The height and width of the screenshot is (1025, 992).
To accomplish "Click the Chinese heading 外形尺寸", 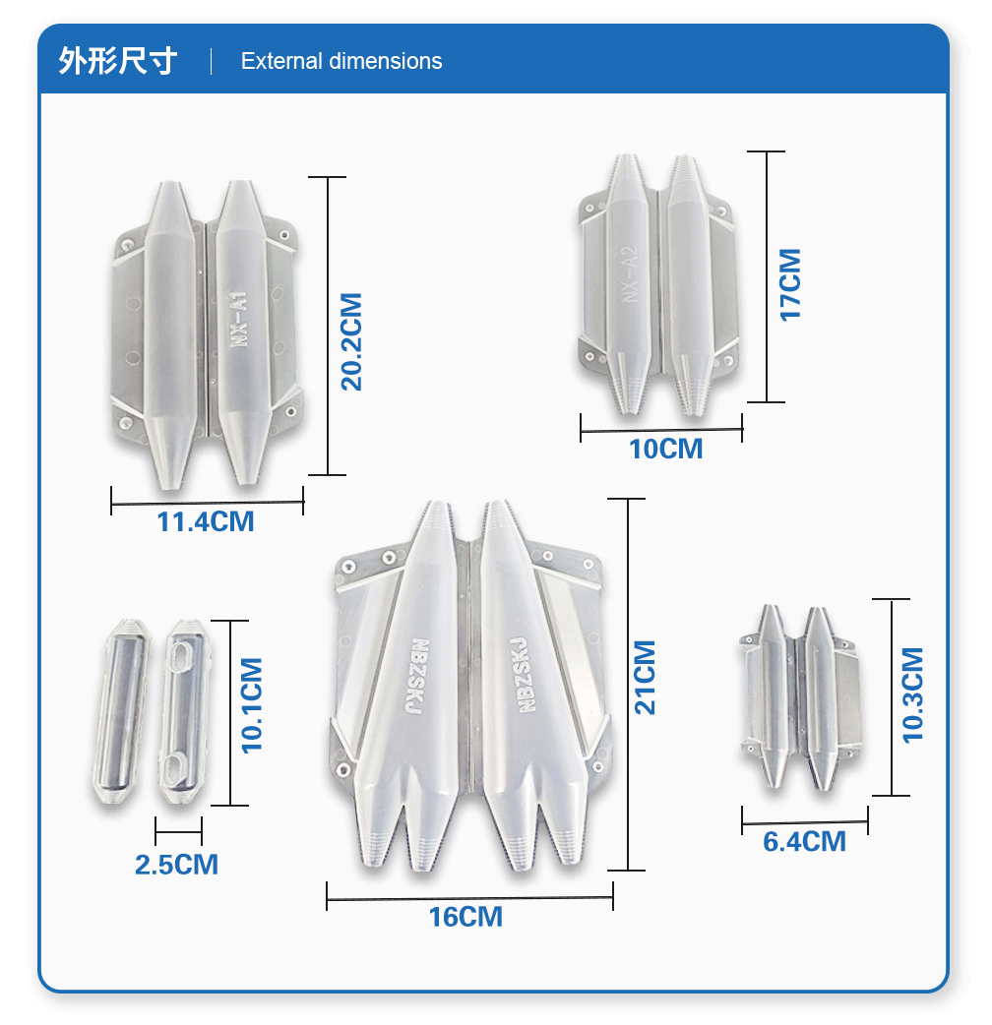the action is pyautogui.click(x=118, y=61).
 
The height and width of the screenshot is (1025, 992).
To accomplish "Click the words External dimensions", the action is pyautogui.click(x=341, y=61).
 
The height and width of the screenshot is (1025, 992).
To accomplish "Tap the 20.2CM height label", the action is pyautogui.click(x=351, y=342).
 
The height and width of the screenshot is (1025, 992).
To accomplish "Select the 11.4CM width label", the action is pyautogui.click(x=206, y=521).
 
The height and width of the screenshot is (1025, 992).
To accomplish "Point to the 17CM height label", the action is pyautogui.click(x=790, y=285).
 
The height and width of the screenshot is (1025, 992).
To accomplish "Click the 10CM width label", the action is pyautogui.click(x=665, y=450).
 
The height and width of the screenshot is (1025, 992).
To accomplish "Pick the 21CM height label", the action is pyautogui.click(x=645, y=677).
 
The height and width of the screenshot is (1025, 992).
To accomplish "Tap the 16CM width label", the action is pyautogui.click(x=465, y=917).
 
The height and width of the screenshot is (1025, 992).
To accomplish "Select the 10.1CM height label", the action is pyautogui.click(x=252, y=706).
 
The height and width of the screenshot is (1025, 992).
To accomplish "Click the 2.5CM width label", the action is pyautogui.click(x=176, y=865).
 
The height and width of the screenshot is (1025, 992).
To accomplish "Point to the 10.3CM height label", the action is pyautogui.click(x=912, y=694).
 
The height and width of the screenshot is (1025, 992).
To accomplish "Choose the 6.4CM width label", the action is pyautogui.click(x=804, y=841).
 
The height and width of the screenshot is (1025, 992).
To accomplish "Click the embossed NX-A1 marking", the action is pyautogui.click(x=239, y=319).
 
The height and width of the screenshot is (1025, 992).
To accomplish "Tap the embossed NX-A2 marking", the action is pyautogui.click(x=629, y=274).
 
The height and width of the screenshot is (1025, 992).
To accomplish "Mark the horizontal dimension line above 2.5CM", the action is pyautogui.click(x=178, y=831).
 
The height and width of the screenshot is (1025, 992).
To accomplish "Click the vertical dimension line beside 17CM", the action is pyautogui.click(x=767, y=276).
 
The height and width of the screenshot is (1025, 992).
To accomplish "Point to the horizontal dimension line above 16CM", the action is pyautogui.click(x=469, y=898).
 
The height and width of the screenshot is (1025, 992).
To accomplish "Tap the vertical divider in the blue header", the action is pyautogui.click(x=212, y=61).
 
